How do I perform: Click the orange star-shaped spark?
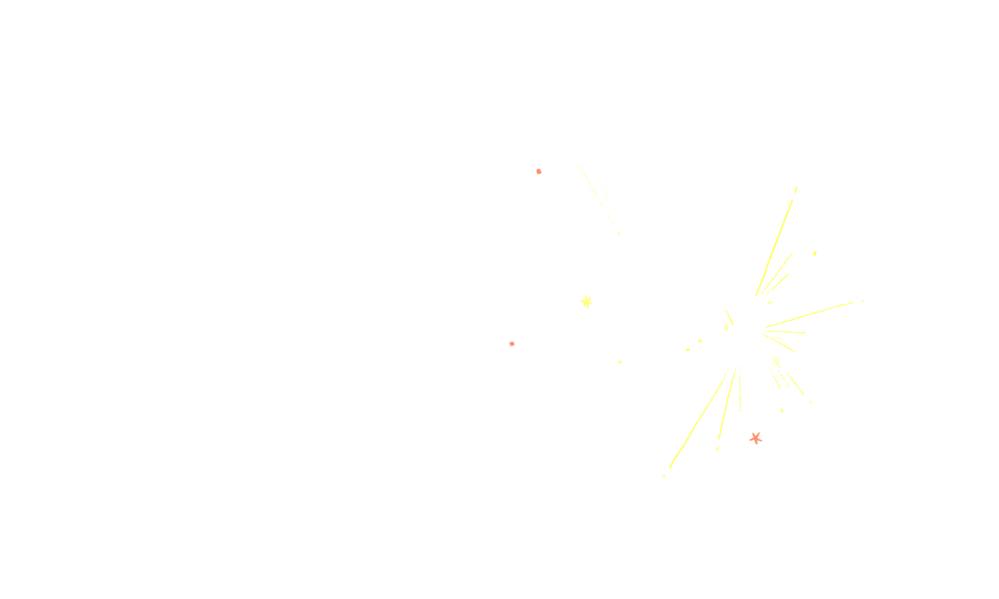[755, 438]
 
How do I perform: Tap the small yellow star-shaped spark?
[586, 302]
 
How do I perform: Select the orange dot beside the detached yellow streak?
[538, 171]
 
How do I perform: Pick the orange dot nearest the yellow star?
[511, 343]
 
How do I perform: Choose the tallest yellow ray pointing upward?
[775, 245]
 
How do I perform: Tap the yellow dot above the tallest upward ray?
[796, 189]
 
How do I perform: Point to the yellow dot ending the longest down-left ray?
[664, 476]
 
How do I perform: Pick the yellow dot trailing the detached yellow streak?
[619, 234]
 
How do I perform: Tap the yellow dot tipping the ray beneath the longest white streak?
[863, 301]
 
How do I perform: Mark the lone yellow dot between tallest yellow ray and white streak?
[814, 253]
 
